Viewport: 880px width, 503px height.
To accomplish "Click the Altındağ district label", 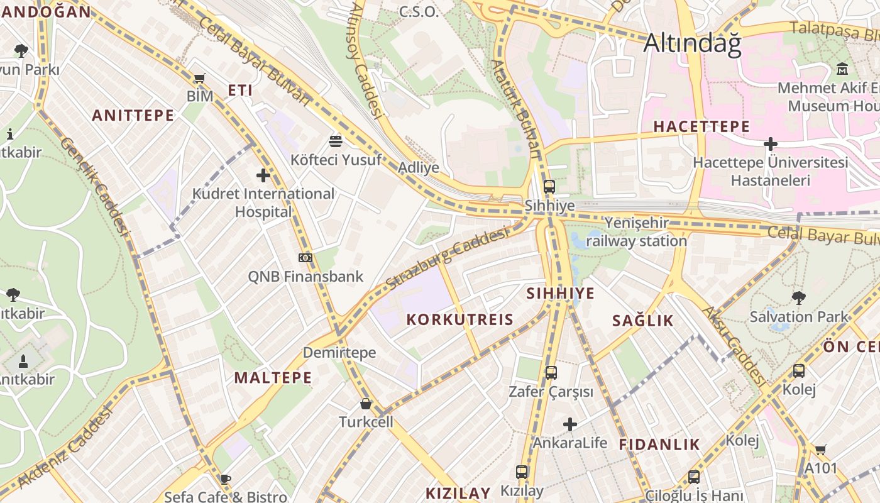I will pyautogui.click(x=692, y=43).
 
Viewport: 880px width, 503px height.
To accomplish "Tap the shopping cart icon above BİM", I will pyautogui.click(x=199, y=79).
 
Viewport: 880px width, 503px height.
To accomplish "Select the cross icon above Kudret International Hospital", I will pyautogui.click(x=263, y=175).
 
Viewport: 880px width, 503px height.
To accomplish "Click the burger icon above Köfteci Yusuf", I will pyautogui.click(x=336, y=141).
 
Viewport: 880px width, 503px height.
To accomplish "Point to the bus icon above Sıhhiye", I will pyautogui.click(x=549, y=187).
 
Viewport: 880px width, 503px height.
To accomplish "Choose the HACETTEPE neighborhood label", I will pyautogui.click(x=701, y=126).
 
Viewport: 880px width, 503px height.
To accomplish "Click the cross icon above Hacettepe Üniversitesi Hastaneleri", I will pyautogui.click(x=770, y=144).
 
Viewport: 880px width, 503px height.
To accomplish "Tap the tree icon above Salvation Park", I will pyautogui.click(x=798, y=297).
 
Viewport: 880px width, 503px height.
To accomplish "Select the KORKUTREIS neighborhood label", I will pyautogui.click(x=459, y=319).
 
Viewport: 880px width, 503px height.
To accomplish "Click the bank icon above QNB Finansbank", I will pyautogui.click(x=305, y=257).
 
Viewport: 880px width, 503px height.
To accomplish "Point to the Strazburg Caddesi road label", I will pyautogui.click(x=447, y=258).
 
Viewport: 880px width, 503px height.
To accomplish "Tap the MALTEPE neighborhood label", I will pyautogui.click(x=273, y=377).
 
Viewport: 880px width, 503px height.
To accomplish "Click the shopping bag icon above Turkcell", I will pyautogui.click(x=366, y=404).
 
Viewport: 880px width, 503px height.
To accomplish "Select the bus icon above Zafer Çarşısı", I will pyautogui.click(x=551, y=373).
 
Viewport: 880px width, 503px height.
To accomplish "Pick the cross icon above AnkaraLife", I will pyautogui.click(x=570, y=425).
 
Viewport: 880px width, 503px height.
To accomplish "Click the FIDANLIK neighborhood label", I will pyautogui.click(x=659, y=445).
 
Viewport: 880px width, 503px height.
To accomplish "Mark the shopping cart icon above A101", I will pyautogui.click(x=820, y=450).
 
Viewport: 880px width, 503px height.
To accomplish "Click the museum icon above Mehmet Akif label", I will pyautogui.click(x=842, y=69).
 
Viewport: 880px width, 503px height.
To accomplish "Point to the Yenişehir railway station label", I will pyautogui.click(x=636, y=232).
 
